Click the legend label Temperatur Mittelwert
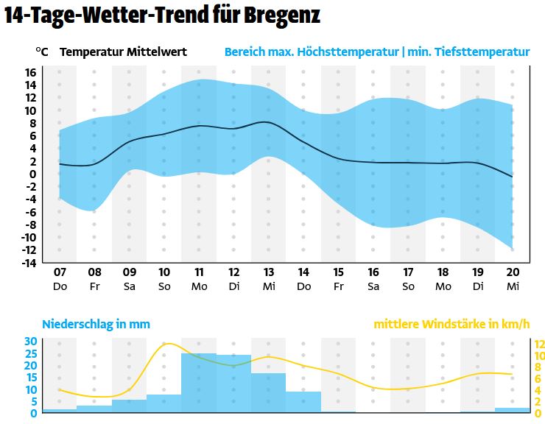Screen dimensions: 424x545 click(x=123, y=52)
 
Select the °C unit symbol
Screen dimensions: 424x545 click(x=41, y=52)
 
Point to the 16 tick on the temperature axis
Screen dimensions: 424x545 click(x=30, y=72)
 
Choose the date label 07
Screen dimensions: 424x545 click(x=60, y=272)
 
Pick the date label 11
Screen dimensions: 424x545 click(x=199, y=272)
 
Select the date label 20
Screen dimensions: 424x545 click(x=513, y=272)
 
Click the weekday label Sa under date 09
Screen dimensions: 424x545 click(x=129, y=286)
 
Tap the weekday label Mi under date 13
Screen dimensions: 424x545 click(x=269, y=286)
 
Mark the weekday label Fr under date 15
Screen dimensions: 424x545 click(x=338, y=286)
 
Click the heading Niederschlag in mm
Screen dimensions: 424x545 click(x=96, y=324)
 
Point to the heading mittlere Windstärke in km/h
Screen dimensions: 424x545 click(x=451, y=324)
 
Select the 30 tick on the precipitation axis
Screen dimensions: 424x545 click(x=30, y=341)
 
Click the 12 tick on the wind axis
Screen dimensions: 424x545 click(x=538, y=344)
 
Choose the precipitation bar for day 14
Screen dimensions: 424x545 click(x=303, y=402)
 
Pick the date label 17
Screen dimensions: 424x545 click(x=408, y=272)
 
